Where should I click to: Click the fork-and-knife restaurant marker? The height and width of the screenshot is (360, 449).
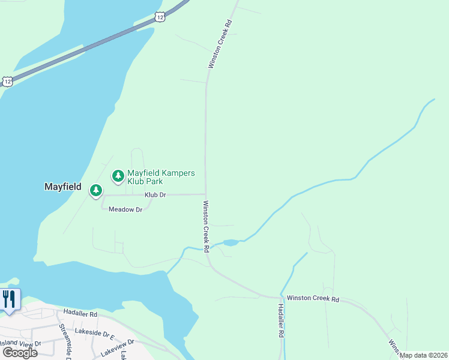tap(9, 299)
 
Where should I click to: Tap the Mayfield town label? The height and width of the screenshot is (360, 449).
tap(63, 187)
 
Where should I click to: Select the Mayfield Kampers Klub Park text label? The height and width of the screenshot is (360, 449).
tap(160, 177)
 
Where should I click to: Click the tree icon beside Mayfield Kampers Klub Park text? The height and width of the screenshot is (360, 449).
tap(118, 176)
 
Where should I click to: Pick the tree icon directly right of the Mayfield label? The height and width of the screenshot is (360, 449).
tap(95, 191)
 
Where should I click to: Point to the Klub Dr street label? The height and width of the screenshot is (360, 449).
tap(155, 195)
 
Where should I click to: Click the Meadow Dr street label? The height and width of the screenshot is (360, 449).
tap(125, 209)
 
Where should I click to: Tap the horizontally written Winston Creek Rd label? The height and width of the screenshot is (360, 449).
tap(313, 298)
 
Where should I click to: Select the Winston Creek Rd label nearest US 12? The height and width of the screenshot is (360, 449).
tap(219, 46)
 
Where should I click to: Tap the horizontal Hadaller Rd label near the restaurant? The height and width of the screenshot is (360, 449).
tap(80, 314)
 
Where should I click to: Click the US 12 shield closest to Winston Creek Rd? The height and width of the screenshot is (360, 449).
tap(158, 17)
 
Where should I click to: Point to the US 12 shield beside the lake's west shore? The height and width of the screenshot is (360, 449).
tap(7, 80)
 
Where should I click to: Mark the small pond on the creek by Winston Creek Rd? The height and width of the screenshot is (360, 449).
tap(230, 243)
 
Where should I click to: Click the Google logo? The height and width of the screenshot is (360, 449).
tap(20, 352)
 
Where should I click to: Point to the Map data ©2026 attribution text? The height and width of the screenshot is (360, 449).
tap(424, 355)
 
